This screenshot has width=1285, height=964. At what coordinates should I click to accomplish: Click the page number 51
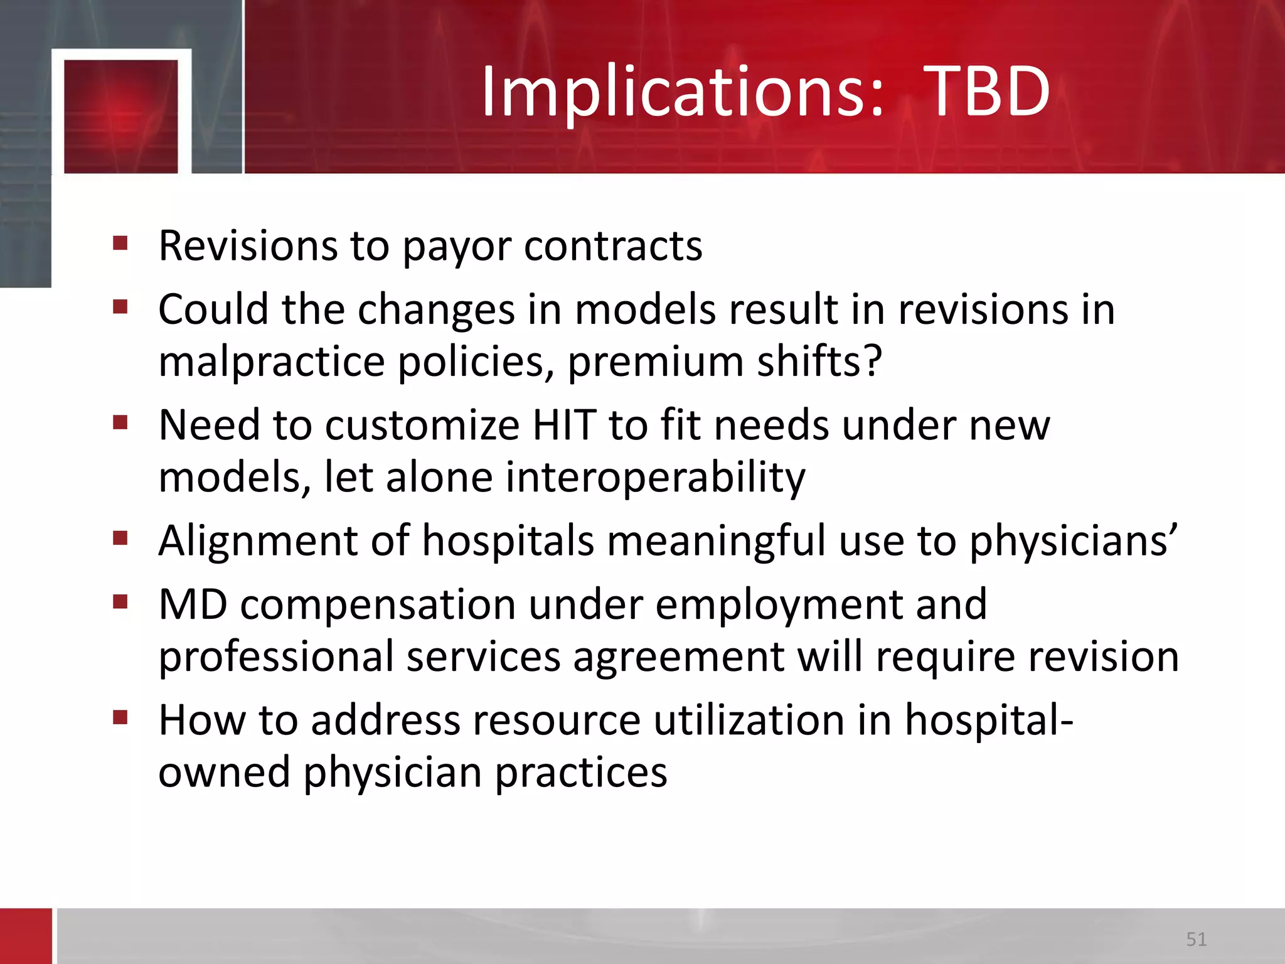point(1196,939)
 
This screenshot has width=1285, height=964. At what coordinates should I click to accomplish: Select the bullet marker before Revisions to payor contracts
point(120,243)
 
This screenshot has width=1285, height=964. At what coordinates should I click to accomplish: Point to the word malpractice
point(271,363)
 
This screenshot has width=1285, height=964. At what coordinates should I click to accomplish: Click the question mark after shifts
point(873,361)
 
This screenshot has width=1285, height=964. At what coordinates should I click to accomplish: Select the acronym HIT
point(564,426)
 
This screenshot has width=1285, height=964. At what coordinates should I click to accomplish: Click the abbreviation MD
point(193,604)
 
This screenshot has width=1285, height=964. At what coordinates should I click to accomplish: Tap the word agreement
point(678,658)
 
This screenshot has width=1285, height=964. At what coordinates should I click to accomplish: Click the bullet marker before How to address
point(120,717)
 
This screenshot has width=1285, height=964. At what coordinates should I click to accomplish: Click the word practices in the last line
point(581,773)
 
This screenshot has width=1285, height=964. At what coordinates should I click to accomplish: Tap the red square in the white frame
point(121,116)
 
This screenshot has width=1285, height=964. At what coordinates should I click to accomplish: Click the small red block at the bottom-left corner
point(26,936)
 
